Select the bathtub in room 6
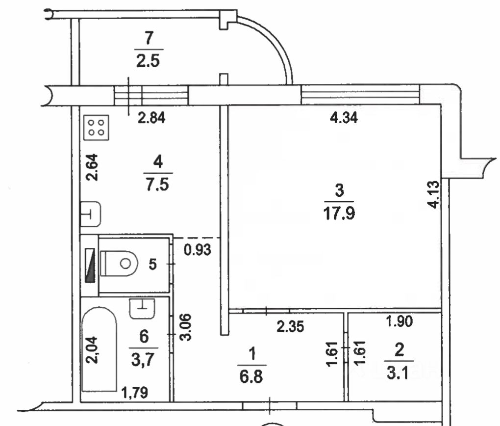(100, 350)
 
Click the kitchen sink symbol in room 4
(91, 214)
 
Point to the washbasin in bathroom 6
(143, 308)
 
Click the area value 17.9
(341, 214)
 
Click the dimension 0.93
(198, 250)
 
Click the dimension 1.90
(399, 322)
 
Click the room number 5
(152, 265)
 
